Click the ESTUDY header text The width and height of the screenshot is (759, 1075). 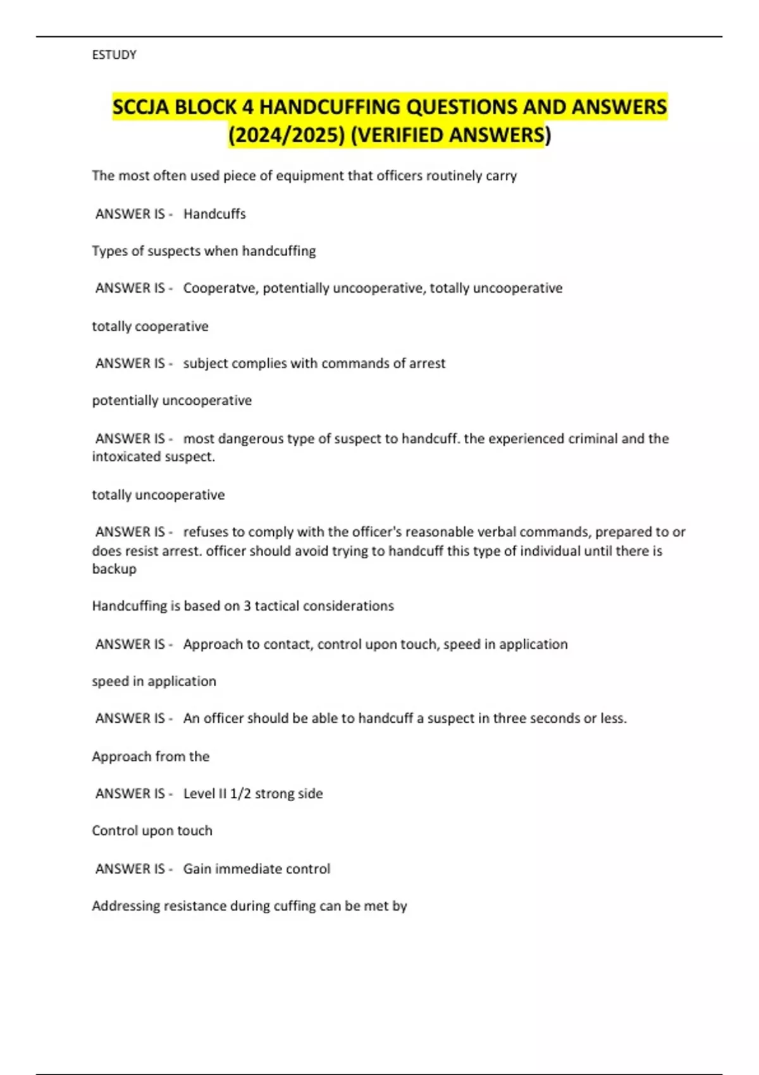[x=114, y=55]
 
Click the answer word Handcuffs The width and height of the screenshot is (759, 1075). [x=214, y=214]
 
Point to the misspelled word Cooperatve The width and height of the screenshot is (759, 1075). [x=220, y=288]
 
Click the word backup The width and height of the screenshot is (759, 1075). [x=114, y=568]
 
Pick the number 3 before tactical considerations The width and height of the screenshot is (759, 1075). [x=247, y=606]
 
